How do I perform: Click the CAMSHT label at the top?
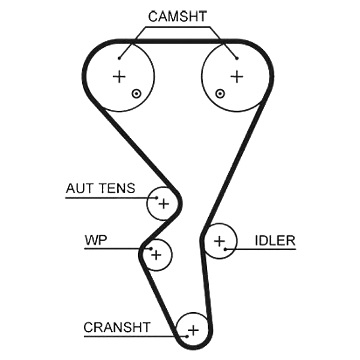pos(177,16)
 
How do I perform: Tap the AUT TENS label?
pos(100,188)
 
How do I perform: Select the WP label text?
pos(96,240)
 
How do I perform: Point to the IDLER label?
pos(275,241)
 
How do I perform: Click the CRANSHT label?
pos(117,327)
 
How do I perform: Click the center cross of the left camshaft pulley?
pos(119,77)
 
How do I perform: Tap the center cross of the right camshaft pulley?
pos(237,77)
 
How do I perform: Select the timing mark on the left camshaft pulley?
pos(136,94)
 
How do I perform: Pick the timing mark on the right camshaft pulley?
pos(220,94)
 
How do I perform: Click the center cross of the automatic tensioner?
pos(164,203)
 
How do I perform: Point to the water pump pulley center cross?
pos(156,255)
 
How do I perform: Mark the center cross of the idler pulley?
pos(220,241)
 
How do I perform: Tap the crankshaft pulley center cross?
pos(193,331)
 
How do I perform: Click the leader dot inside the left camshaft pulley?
pos(119,58)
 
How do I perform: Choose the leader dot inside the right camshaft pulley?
pos(237,58)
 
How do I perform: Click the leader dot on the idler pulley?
pos(226,249)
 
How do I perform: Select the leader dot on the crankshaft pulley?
pos(187,337)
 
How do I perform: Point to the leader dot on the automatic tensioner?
pos(157,197)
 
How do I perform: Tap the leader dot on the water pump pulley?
pos(151,248)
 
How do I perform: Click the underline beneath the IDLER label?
pos(260,249)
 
